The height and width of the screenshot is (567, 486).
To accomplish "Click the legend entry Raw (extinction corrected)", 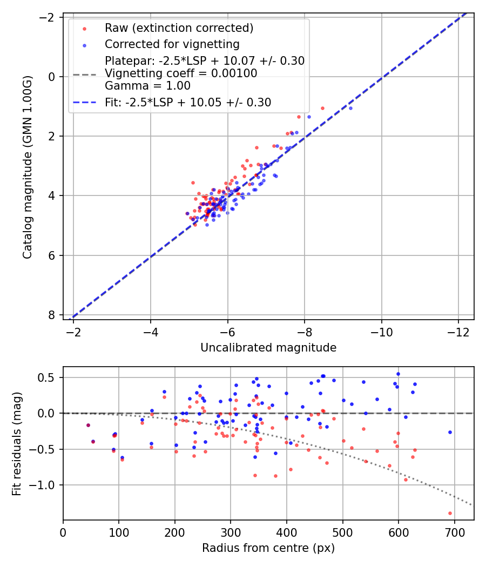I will (x=178, y=28).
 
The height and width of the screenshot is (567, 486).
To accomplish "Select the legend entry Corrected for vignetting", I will (x=172, y=44).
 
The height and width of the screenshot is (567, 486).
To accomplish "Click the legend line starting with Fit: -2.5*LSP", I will (x=187, y=102).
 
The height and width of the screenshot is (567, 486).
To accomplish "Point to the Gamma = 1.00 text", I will (x=147, y=86).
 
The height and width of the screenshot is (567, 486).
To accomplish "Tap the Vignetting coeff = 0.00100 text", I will (x=181, y=74).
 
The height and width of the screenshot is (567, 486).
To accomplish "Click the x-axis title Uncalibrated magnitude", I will (x=268, y=348).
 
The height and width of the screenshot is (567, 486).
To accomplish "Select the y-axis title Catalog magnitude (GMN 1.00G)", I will (x=28, y=167).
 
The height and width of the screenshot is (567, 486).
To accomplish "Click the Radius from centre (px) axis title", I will (x=268, y=548).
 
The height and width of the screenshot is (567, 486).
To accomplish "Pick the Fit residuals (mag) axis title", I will (x=17, y=443).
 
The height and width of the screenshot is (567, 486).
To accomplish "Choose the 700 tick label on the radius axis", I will (x=454, y=534).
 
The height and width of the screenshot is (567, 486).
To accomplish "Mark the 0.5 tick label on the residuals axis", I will (x=49, y=377).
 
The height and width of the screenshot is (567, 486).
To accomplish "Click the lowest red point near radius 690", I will (x=450, y=513).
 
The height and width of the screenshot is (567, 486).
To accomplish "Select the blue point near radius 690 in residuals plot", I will (x=449, y=432).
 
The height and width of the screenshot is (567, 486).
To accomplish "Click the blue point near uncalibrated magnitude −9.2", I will (x=350, y=108).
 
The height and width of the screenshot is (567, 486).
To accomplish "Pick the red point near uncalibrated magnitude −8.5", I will (x=322, y=108).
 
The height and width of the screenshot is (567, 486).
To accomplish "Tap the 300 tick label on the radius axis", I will (x=231, y=534).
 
